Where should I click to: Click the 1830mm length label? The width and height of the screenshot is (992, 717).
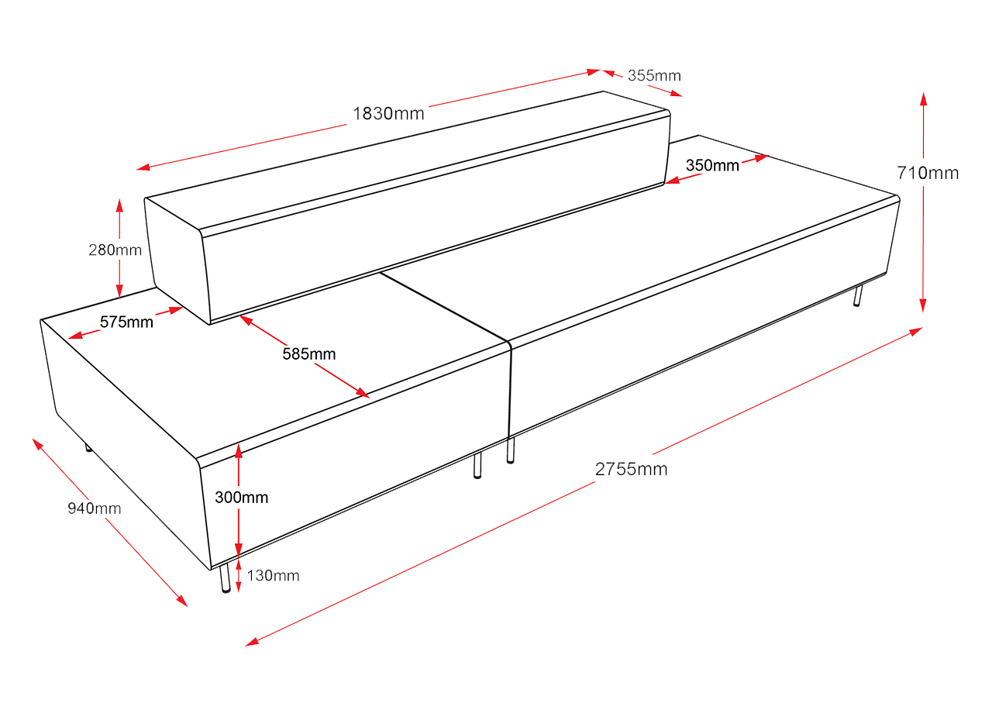[x=388, y=114]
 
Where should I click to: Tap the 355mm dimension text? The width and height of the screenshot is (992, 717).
[x=654, y=76]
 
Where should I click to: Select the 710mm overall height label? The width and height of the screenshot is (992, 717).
[x=928, y=173]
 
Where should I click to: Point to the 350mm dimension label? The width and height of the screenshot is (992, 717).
[x=712, y=165]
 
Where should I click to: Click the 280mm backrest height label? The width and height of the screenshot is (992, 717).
[x=115, y=250]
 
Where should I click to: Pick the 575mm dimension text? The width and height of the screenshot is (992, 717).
[x=126, y=322]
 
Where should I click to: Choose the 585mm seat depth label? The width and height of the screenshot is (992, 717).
[x=309, y=354]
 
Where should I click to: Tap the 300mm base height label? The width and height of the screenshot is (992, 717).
[x=241, y=498]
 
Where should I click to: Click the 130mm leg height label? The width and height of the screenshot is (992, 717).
[x=273, y=576]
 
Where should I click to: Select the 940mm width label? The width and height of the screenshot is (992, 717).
[x=95, y=508]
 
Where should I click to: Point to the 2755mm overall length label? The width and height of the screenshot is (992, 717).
[x=631, y=469]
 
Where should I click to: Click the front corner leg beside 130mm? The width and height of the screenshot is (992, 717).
[x=226, y=578]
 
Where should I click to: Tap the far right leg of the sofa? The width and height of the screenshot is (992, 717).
[x=858, y=296]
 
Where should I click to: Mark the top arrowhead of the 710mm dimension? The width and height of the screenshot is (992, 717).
[x=923, y=98]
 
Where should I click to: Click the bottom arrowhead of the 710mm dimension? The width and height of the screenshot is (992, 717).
[x=923, y=305]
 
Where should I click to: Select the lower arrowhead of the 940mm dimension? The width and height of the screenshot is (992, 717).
[x=182, y=602]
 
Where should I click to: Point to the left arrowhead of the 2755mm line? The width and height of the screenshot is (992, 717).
[x=252, y=642]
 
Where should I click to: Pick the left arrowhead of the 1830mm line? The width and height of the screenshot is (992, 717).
[x=143, y=167]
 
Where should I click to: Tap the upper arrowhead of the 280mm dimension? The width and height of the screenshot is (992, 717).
[x=119, y=206]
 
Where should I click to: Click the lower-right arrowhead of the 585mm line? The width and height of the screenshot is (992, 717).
[x=363, y=393]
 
